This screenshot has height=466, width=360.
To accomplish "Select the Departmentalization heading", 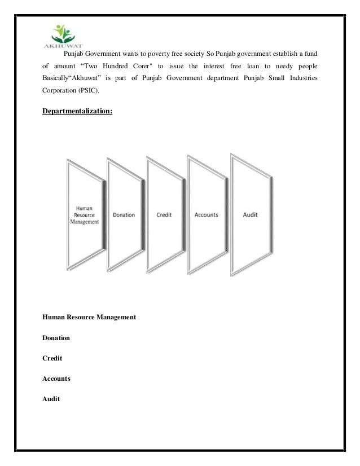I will (77, 111).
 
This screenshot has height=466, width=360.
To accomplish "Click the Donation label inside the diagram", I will (124, 215).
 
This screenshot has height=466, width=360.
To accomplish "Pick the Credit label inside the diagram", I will (164, 215).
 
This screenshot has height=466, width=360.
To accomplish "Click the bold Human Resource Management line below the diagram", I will (89, 318).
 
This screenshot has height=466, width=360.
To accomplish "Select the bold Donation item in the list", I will (56, 338).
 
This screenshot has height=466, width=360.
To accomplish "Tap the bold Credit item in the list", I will (52, 359).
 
